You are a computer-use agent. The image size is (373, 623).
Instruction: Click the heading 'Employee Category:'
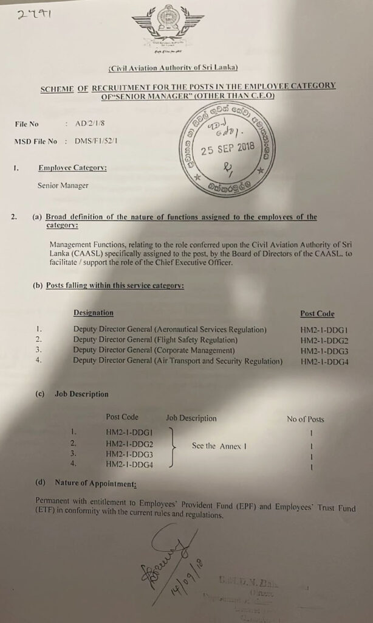72,168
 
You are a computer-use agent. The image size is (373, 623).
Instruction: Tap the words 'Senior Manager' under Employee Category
63,186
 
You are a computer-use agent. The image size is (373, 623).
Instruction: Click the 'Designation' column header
93,313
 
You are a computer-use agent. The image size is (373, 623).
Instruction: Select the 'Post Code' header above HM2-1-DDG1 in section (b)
317,314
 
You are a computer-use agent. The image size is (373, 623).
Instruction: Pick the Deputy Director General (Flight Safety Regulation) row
155,340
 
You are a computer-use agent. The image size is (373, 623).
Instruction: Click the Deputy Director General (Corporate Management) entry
154,350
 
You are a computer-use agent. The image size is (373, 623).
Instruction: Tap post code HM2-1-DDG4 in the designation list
328,361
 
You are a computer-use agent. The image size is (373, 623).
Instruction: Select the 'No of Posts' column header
306,419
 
